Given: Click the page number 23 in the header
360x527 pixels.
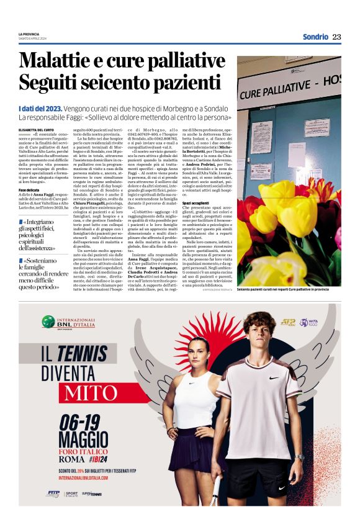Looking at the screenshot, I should [x=336, y=37].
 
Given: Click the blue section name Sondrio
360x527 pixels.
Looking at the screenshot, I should [x=315, y=37].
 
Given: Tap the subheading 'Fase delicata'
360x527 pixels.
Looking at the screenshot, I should [x=30, y=189].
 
